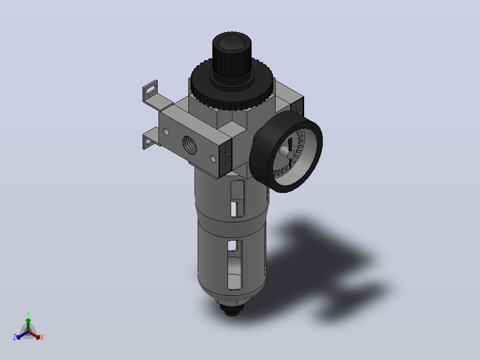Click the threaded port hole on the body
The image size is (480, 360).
click(x=190, y=145)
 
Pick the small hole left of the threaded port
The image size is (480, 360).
click(x=166, y=132)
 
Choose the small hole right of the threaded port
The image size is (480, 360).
click(x=213, y=158)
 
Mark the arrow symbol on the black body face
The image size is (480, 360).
click(x=228, y=157)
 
